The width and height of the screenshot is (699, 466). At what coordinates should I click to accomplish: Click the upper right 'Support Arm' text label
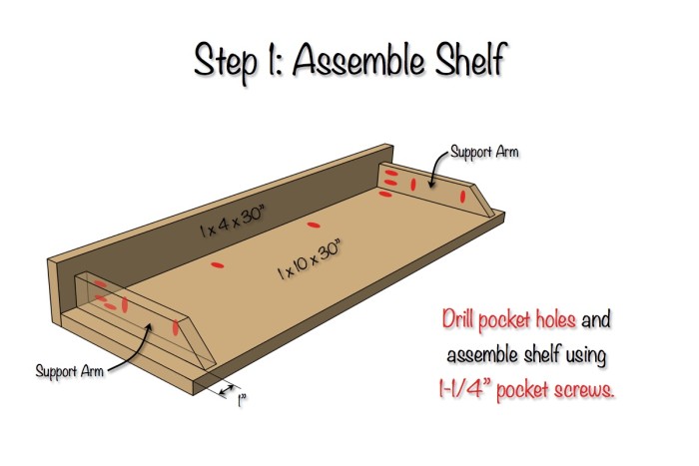click(484, 153)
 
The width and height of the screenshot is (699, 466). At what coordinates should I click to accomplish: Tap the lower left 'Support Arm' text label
click(69, 371)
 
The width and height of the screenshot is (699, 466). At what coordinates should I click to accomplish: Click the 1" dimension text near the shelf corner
click(241, 403)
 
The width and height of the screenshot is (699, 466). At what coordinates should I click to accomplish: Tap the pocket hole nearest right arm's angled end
click(463, 197)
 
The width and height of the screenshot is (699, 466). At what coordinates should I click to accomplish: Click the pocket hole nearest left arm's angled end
click(176, 326)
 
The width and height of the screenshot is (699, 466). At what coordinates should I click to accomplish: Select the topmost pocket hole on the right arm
click(391, 174)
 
